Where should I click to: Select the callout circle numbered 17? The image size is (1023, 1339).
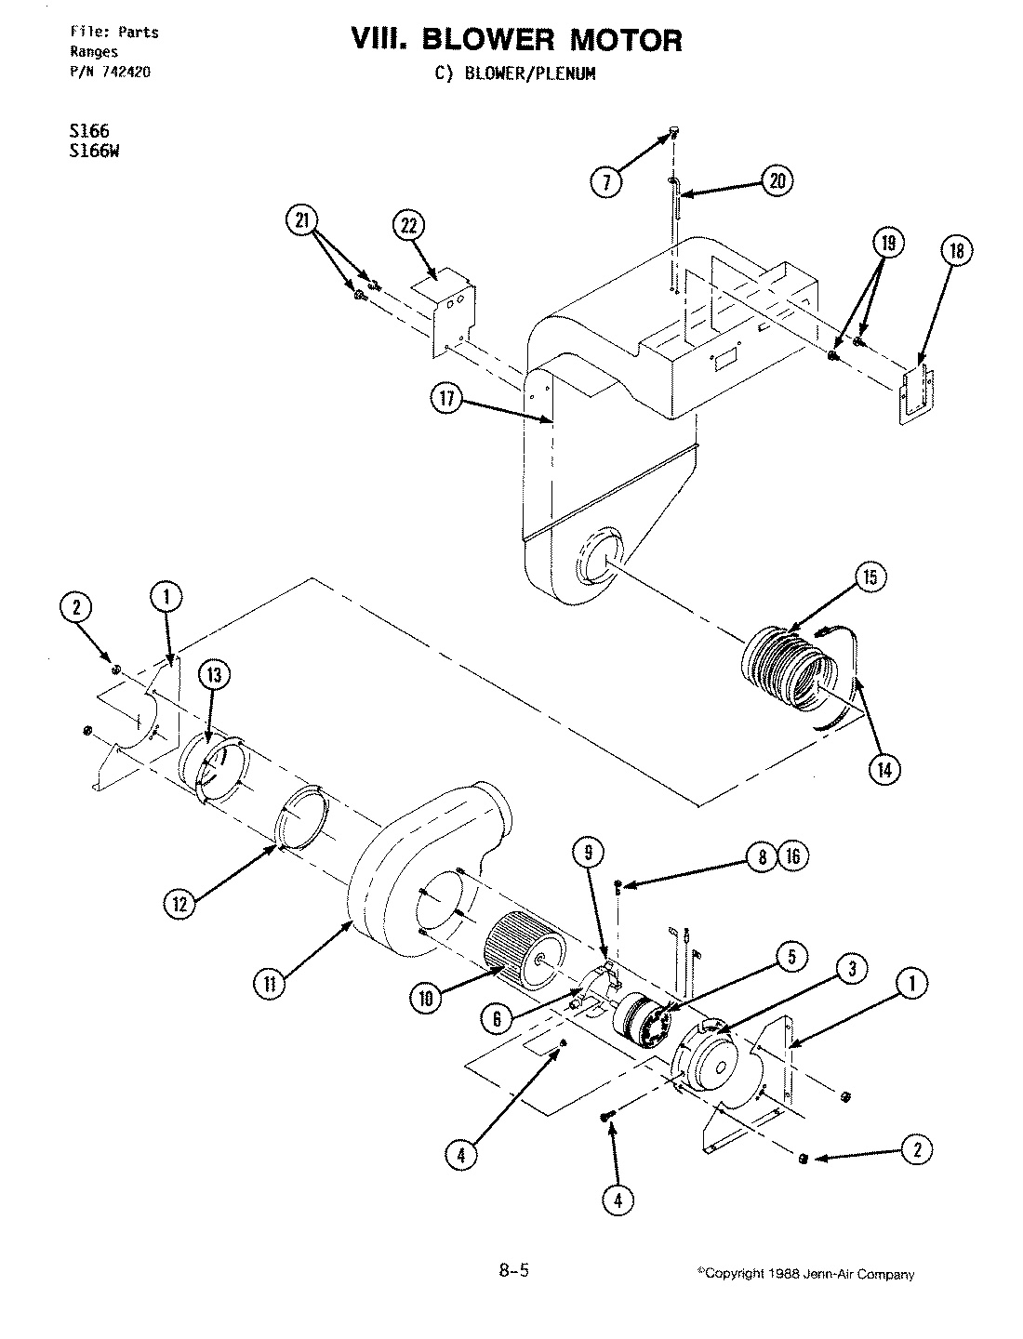[x=447, y=399]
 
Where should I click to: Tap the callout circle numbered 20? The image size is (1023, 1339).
[x=777, y=181]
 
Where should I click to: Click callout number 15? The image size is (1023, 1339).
[x=869, y=577]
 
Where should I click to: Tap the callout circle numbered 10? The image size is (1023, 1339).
[x=427, y=998]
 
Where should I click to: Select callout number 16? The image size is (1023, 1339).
[x=793, y=856]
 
